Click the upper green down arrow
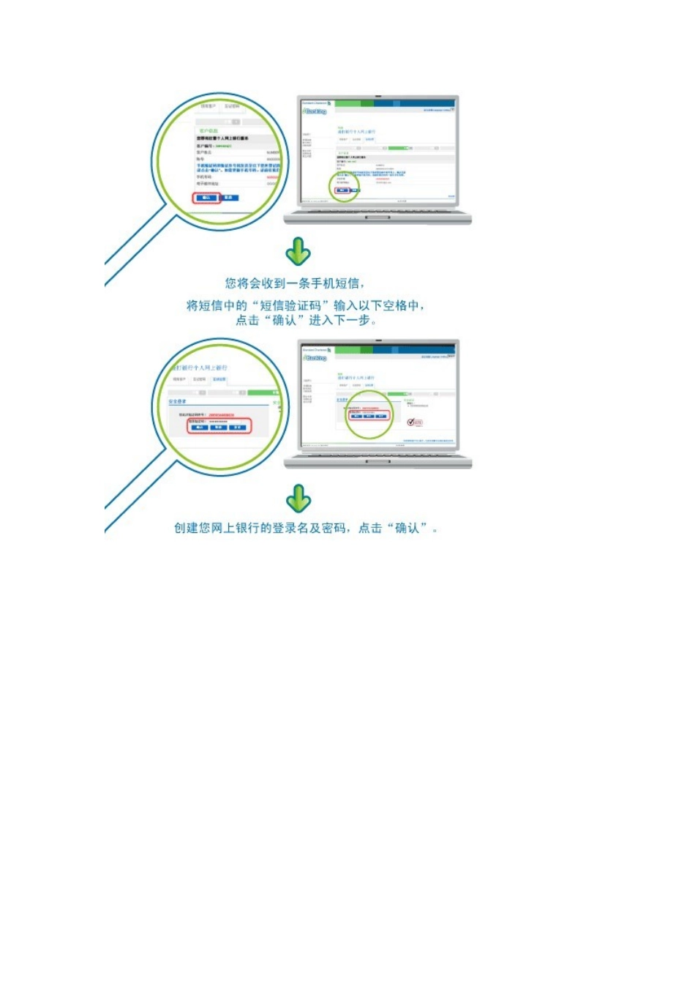pyautogui.click(x=298, y=251)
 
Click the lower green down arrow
pyautogui.click(x=298, y=498)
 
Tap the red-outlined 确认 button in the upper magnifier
pyautogui.click(x=206, y=198)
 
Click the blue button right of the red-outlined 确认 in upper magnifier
pyautogui.click(x=228, y=198)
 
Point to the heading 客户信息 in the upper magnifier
pyautogui.click(x=209, y=131)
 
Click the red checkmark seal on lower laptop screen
pyautogui.click(x=411, y=422)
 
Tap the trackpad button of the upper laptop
pyautogui.click(x=377, y=217)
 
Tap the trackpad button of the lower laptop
pyautogui.click(x=377, y=462)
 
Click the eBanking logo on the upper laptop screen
pyautogui.click(x=315, y=111)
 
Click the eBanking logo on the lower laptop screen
pyautogui.click(x=315, y=358)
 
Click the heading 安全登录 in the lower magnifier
pyautogui.click(x=178, y=401)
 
